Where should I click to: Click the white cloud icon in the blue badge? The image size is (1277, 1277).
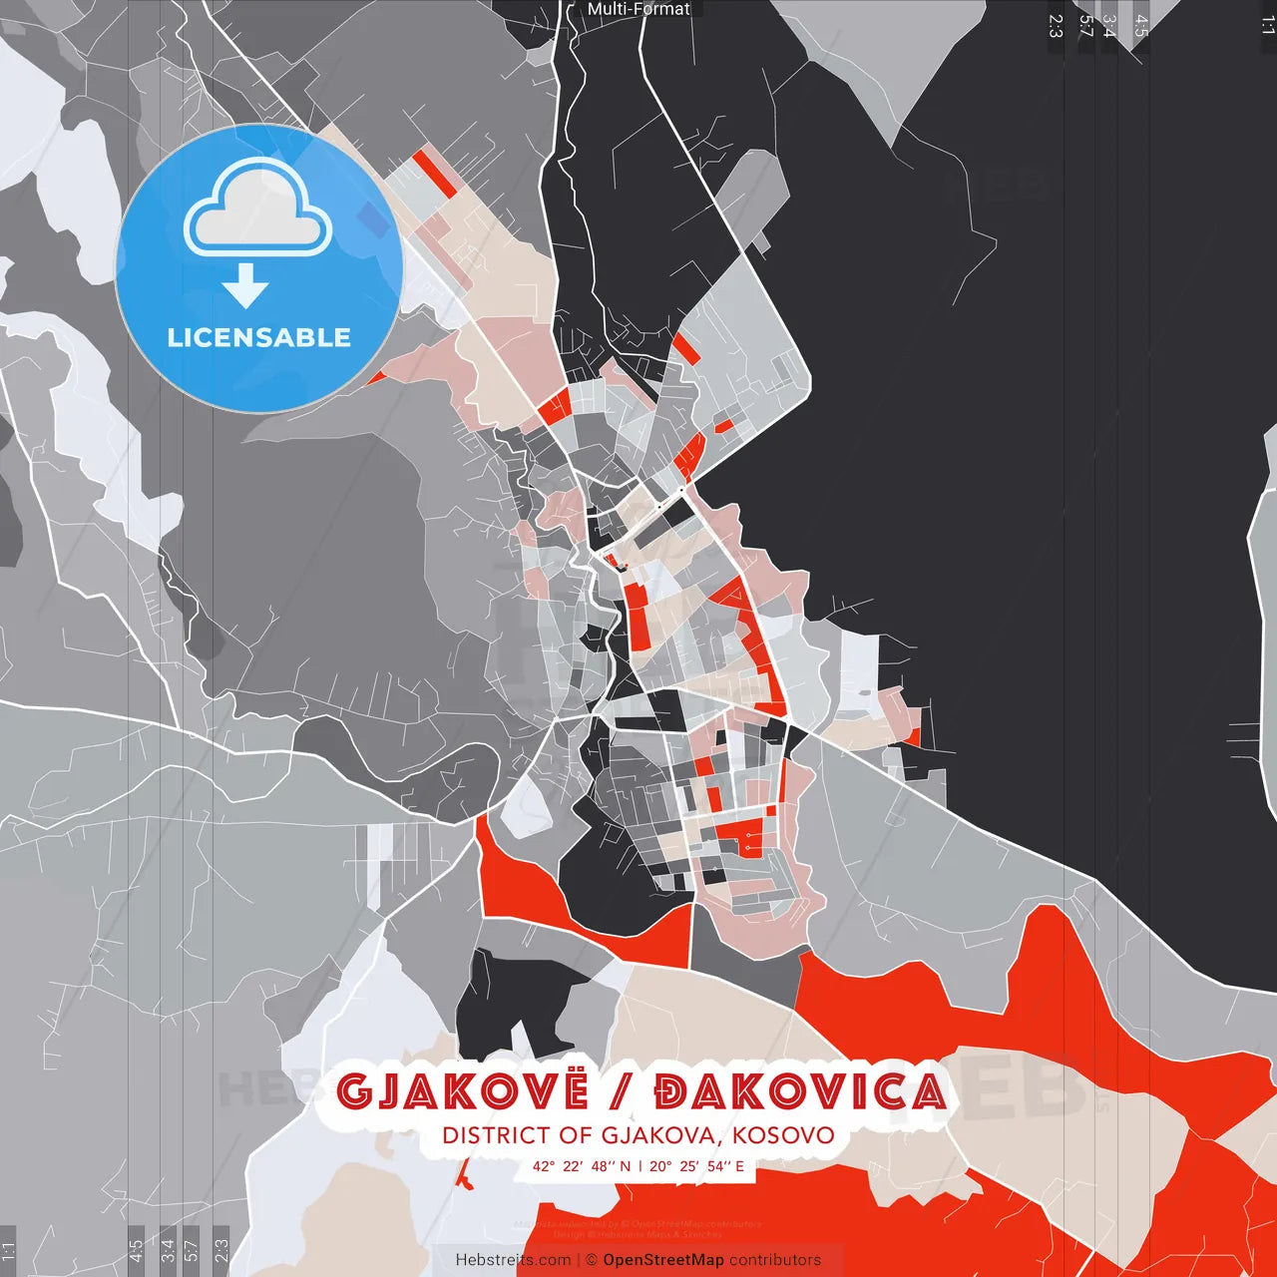(258, 211)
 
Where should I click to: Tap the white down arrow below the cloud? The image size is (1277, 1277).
(245, 285)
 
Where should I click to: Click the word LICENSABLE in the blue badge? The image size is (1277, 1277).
(258, 337)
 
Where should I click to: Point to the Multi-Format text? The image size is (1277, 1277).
(638, 9)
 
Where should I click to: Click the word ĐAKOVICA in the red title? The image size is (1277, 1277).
(799, 1092)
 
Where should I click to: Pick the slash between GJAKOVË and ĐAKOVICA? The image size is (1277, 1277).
(621, 1092)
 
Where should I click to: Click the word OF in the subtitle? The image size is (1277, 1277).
(576, 1135)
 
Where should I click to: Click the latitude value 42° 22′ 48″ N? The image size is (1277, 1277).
(581, 1166)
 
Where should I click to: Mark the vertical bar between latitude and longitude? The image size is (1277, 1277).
(639, 1166)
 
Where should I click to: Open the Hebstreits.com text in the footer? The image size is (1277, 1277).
(513, 1260)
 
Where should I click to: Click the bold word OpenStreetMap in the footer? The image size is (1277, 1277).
(662, 1260)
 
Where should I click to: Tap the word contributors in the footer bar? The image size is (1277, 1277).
(775, 1260)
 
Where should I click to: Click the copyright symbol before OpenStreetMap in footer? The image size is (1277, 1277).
(592, 1260)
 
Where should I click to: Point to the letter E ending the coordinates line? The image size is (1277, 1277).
(739, 1166)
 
